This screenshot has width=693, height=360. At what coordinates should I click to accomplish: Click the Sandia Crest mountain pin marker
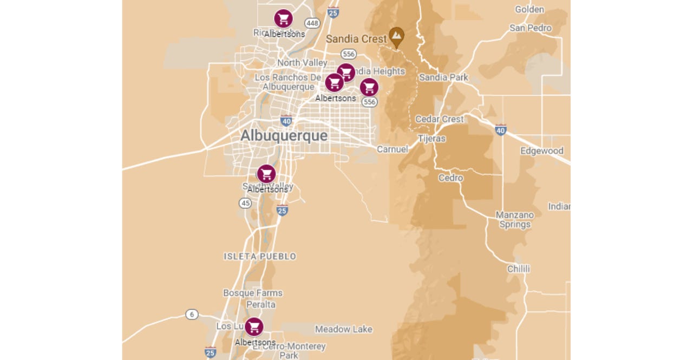397,36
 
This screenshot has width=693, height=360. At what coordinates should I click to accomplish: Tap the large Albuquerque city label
284,135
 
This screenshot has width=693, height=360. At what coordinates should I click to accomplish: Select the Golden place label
529,9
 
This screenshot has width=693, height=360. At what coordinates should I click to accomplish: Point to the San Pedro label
530,28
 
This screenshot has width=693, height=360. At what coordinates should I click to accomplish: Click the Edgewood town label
541,151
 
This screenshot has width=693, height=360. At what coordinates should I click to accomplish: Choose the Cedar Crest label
439,119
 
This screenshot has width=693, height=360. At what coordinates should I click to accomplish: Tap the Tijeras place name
432,139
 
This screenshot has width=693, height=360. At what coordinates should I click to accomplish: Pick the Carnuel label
392,149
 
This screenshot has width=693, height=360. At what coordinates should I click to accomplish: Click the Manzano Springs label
515,220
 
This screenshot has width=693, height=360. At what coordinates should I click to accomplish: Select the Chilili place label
518,269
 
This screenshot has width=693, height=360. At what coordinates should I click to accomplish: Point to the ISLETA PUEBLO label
260,256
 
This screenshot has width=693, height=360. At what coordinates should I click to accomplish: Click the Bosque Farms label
253,293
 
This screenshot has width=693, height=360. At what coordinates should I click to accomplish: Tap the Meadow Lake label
344,329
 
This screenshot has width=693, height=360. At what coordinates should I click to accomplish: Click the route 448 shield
312,23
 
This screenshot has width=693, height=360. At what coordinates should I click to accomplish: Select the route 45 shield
245,203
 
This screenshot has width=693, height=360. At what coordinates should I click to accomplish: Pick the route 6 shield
192,314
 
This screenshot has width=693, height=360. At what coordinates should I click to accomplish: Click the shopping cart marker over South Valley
266,174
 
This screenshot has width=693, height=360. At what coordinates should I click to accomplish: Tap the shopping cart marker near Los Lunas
254,327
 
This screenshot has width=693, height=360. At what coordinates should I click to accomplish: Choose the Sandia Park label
443,77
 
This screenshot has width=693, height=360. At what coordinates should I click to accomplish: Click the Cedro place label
450,178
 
